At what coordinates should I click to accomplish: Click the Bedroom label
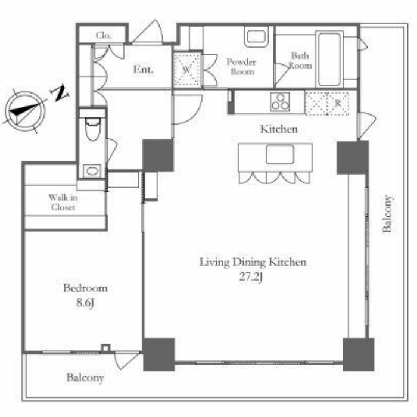85,288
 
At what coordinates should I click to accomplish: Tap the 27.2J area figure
251,277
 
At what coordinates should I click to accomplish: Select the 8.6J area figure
85,303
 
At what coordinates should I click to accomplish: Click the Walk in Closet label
63,202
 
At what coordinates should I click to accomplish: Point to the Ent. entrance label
143,70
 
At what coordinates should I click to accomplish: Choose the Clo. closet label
104,35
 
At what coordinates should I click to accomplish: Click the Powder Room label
241,67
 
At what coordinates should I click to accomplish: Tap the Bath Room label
300,60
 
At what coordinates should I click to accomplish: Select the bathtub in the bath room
329,59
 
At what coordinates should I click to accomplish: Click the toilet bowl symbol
92,129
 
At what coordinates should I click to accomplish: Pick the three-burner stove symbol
280,102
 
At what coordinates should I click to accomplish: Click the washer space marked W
187,70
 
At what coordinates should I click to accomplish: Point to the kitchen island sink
281,154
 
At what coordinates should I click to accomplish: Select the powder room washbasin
256,37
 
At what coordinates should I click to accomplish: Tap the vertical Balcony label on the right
387,214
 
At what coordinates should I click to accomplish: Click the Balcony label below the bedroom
85,378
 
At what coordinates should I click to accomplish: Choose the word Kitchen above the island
279,129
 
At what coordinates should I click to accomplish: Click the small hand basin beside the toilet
92,171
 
